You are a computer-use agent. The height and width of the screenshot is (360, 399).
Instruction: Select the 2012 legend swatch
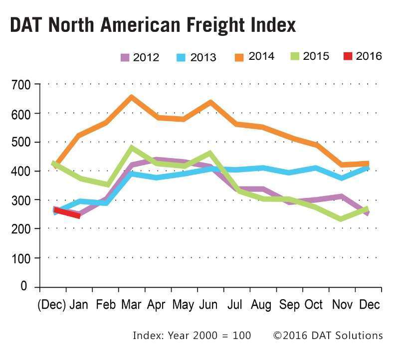(x=125, y=57)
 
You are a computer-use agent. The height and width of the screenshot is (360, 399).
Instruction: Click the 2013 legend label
(x=203, y=57)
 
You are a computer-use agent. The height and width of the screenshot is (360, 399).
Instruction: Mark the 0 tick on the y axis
(x=24, y=287)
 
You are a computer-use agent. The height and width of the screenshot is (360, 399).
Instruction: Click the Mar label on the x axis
(x=131, y=304)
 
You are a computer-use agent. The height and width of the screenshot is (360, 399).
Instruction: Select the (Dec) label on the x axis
(x=52, y=304)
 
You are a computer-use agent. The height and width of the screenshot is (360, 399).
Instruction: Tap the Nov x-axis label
(x=342, y=304)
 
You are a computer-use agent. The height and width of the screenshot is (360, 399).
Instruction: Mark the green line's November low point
(x=341, y=218)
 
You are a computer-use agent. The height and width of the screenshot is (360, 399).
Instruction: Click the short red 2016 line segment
(x=67, y=213)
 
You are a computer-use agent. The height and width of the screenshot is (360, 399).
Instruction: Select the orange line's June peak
(x=210, y=103)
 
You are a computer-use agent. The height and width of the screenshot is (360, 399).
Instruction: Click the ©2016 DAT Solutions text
(x=328, y=335)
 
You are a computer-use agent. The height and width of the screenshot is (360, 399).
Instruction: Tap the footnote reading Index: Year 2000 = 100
(x=192, y=335)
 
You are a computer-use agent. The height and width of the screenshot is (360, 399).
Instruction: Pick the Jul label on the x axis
(x=236, y=304)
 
